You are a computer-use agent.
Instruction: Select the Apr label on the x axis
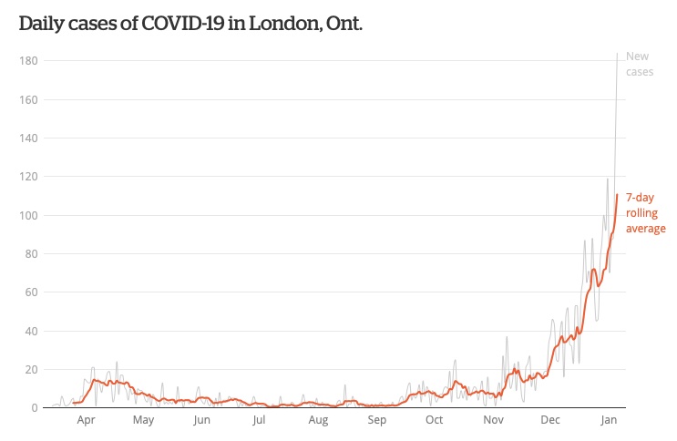[87, 421]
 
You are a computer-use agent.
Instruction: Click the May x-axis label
[143, 421]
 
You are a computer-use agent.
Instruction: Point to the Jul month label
[260, 421]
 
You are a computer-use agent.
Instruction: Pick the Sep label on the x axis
[376, 421]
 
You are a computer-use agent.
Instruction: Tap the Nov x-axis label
[493, 421]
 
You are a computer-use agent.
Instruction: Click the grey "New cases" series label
[640, 64]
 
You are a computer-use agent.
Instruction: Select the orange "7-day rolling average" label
[645, 212]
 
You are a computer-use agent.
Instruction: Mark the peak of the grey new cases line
[618, 53]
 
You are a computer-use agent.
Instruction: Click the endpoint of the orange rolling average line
[617, 194]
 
